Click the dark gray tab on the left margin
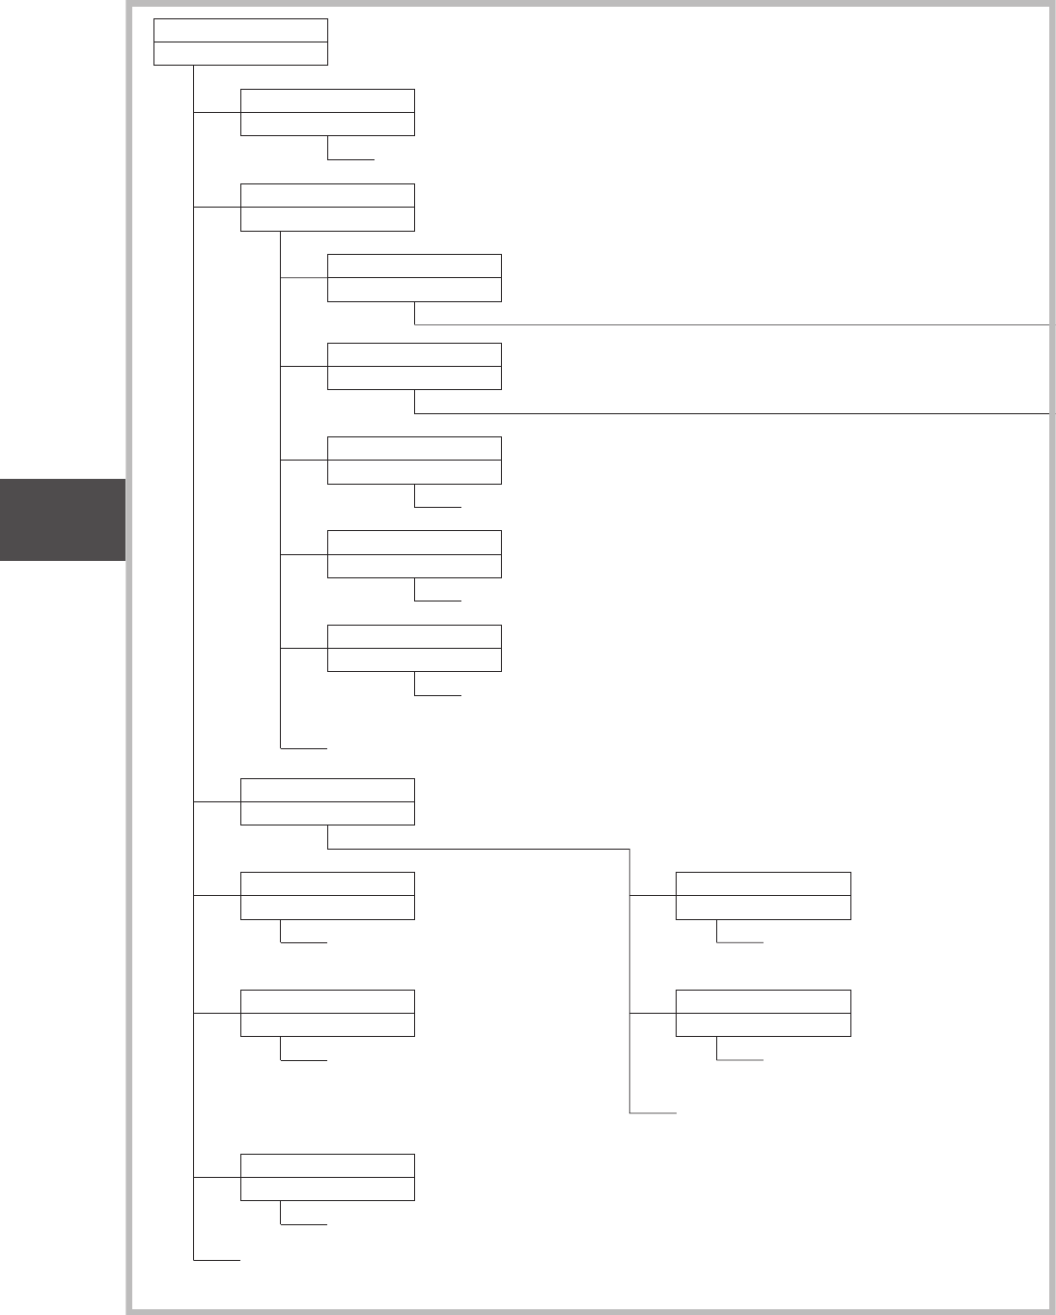click(63, 519)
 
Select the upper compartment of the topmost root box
click(240, 31)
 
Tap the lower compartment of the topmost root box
click(240, 54)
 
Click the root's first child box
click(327, 112)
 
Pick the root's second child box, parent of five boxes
click(327, 208)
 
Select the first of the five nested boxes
click(414, 278)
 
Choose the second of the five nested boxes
click(414, 366)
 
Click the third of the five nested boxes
click(414, 461)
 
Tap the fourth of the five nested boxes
click(414, 554)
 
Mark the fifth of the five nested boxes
click(414, 648)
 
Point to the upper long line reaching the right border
click(734, 325)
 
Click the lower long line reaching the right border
click(734, 413)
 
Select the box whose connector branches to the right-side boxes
click(327, 801)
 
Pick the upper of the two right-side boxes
click(764, 895)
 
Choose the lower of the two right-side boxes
click(764, 1013)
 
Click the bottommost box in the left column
click(327, 1177)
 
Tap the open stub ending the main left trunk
click(217, 1260)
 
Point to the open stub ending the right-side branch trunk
click(653, 1113)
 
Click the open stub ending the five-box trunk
click(304, 747)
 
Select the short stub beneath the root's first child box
click(350, 158)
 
